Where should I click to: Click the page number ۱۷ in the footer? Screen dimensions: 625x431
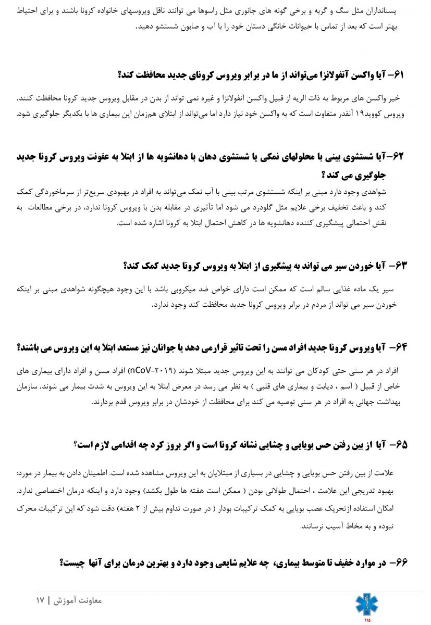(x=40, y=600)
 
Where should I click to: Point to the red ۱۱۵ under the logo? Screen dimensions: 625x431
(x=367, y=620)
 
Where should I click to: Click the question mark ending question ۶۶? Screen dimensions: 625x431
(x=62, y=562)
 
